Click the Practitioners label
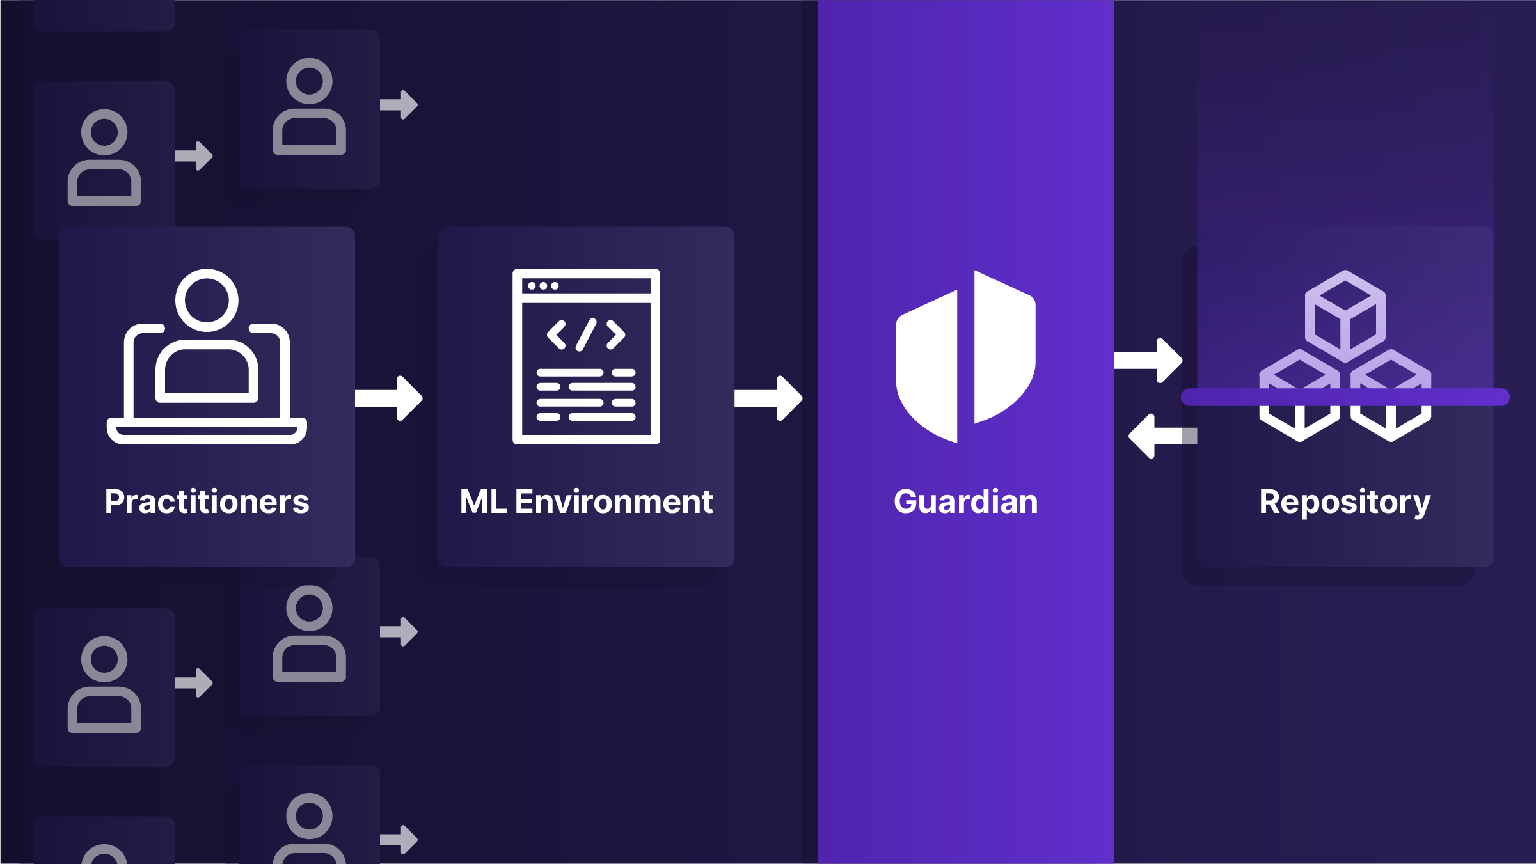pos(207,502)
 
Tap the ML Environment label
pos(586,502)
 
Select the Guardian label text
pos(965,502)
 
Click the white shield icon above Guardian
pos(965,357)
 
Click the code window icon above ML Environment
pos(586,357)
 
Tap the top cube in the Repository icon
pos(1345,316)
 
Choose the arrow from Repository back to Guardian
pos(1162,436)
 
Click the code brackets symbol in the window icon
pos(586,334)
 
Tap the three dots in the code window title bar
pos(543,286)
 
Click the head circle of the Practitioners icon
pos(207,300)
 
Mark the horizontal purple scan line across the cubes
pos(1345,397)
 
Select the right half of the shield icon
pos(1002,349)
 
